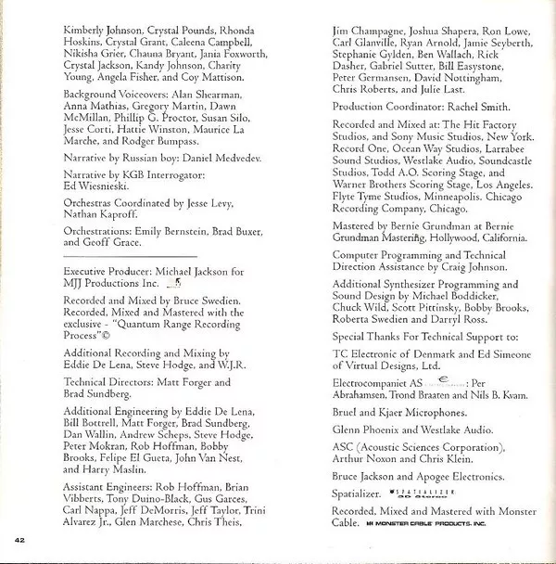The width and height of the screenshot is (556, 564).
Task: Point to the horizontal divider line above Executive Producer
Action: click(129, 255)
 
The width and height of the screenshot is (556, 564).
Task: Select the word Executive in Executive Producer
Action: click(93, 271)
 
